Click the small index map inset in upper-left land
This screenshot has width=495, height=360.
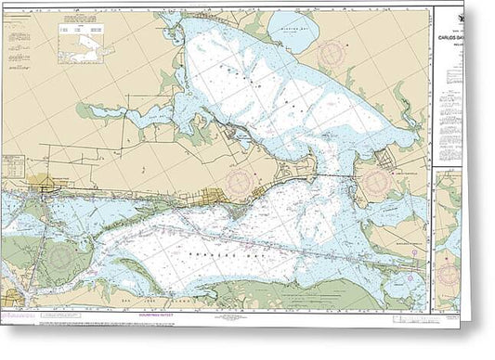pyautogui.click(x=85, y=44)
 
